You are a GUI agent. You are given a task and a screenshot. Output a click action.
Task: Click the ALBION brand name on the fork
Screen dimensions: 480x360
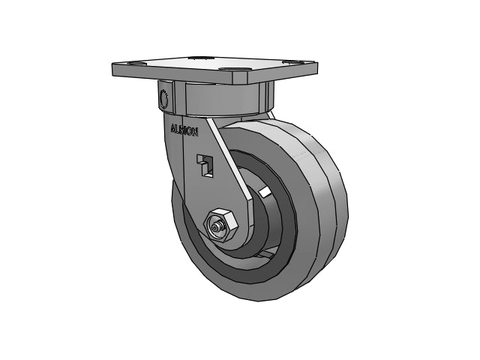184,130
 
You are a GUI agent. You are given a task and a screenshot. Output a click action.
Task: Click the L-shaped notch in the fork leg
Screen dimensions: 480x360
205,165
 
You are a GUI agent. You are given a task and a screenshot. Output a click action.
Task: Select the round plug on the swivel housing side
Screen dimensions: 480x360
163,97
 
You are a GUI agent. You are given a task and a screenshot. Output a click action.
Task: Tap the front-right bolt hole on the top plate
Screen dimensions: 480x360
233,70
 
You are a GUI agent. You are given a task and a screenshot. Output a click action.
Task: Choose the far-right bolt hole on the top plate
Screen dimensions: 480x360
292,62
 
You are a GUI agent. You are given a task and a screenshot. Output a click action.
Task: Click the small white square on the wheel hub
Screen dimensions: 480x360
265,193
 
